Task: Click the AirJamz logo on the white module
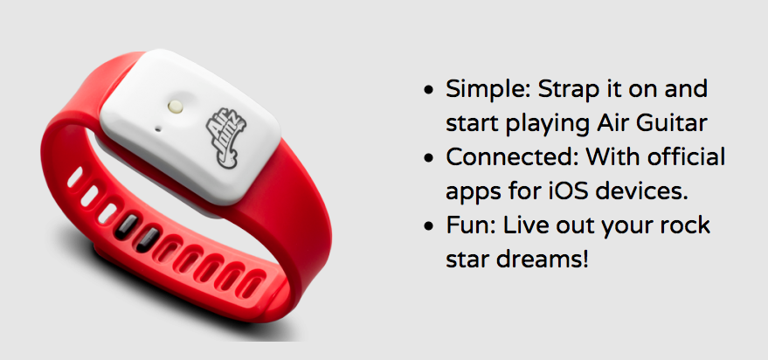coord(226,138)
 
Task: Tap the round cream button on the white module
coord(174,107)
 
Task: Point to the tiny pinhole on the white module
coord(158,130)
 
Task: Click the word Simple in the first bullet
coord(487,90)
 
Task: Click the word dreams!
coord(541,260)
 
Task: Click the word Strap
coord(570,90)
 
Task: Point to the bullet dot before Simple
coord(429,91)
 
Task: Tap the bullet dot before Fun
coord(429,227)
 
